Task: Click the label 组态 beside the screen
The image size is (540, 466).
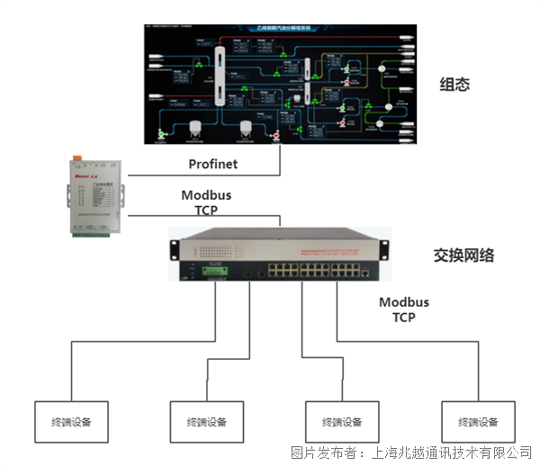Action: coord(454,85)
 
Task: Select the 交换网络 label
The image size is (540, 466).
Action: coord(457,255)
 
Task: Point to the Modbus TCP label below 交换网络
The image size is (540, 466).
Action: coord(403,309)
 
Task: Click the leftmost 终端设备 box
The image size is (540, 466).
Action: coord(70,421)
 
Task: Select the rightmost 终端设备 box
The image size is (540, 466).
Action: coord(478,421)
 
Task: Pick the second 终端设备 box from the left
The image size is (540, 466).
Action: coord(206,421)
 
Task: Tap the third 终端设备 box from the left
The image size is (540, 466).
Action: coord(342,421)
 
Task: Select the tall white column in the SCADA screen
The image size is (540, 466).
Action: coord(219,73)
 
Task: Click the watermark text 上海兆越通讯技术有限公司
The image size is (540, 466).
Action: coord(449,452)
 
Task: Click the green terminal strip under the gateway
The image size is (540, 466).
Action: coord(95,237)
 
